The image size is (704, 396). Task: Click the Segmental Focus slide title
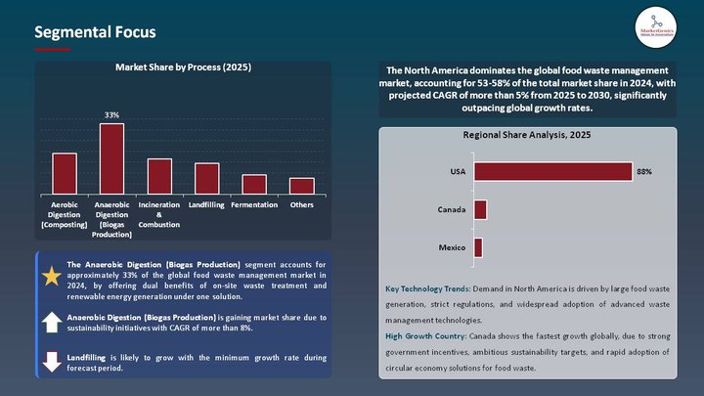coord(95,32)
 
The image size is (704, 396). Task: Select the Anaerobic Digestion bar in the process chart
coord(111,158)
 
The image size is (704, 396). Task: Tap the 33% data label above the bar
coord(111,114)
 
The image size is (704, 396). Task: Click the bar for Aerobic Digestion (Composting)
coord(65,173)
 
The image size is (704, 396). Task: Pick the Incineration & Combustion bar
coord(159,176)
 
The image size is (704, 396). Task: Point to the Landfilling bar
coord(206,178)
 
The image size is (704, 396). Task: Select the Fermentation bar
coord(254,184)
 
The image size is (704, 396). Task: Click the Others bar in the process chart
coord(301,186)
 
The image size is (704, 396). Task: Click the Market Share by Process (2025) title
coord(183,67)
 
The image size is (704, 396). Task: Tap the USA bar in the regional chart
coord(552,171)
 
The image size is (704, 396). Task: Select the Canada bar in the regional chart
coord(480,209)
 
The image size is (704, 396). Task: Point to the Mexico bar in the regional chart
coord(478,247)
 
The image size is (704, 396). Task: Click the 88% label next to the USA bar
coord(643,171)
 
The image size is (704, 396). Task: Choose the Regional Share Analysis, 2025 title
coord(527,136)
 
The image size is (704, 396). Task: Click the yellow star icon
coord(51,277)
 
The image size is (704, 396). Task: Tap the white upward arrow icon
coord(51,323)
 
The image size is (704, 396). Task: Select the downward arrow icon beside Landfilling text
coord(51,361)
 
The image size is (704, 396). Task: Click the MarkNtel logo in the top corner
coord(656,24)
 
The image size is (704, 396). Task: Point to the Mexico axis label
coord(451,247)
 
